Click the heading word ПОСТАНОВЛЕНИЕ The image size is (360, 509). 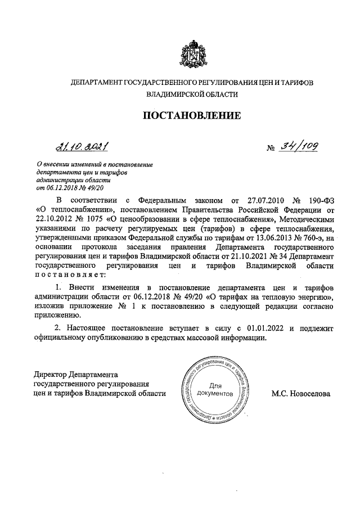coord(193,116)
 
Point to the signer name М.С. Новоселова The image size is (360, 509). coord(301,394)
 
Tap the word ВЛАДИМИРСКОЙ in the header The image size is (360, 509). coord(174,96)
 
